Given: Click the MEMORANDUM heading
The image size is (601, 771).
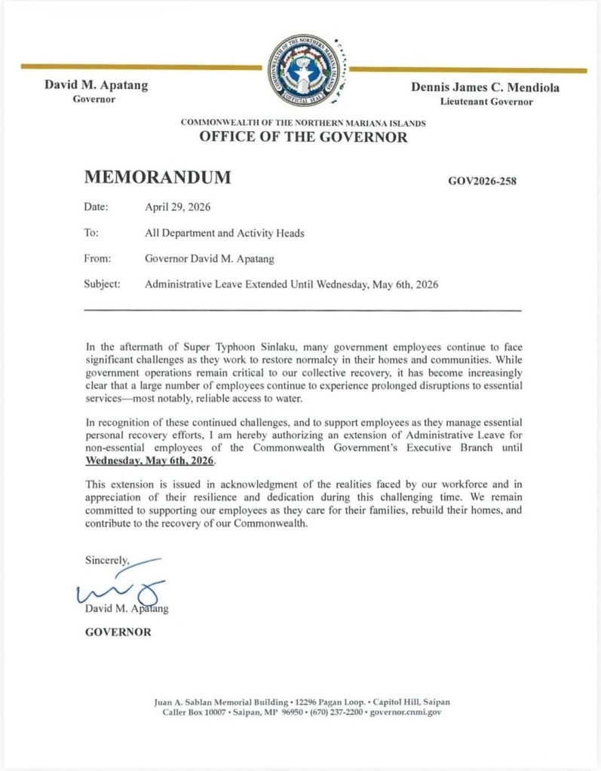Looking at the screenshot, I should (158, 178).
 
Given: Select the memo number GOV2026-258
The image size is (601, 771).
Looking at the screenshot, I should (483, 181).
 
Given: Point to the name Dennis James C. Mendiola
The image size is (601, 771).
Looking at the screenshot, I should (485, 87).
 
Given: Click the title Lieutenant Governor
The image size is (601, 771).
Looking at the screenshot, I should (486, 101).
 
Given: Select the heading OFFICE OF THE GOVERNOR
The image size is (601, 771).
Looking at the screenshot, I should (303, 137).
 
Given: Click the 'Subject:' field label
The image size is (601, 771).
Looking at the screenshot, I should (102, 285).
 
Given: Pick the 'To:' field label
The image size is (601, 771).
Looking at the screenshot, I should (91, 233).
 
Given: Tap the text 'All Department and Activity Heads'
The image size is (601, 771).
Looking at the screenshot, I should (224, 233).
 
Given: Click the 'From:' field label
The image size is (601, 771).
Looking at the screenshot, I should (98, 259).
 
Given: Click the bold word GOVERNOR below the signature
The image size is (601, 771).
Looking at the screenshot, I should (118, 632).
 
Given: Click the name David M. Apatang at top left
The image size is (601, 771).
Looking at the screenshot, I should (96, 85).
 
